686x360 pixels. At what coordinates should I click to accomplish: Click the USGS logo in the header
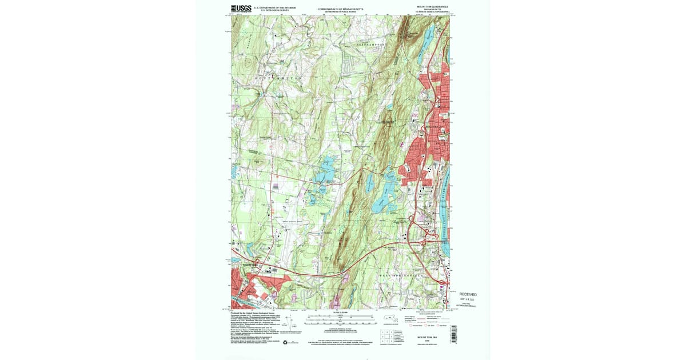[241, 8]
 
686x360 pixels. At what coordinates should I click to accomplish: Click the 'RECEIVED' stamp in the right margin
[467, 294]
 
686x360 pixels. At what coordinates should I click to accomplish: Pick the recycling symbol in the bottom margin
[285, 342]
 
